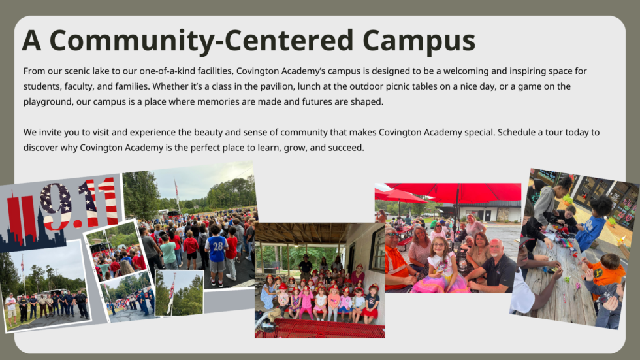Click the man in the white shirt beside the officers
[11, 305]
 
